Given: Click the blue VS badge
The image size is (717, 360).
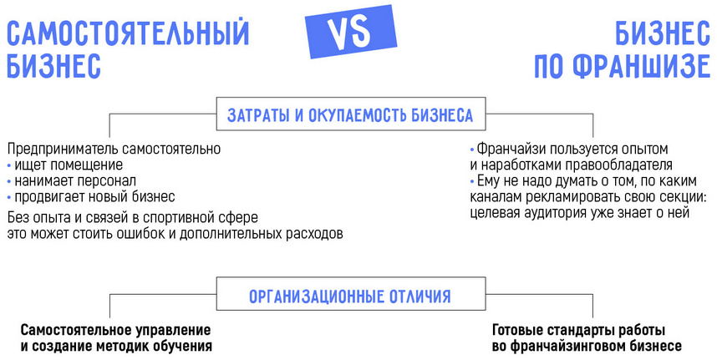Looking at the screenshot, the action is coord(338,34).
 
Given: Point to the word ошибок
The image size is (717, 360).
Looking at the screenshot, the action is coord(171,234).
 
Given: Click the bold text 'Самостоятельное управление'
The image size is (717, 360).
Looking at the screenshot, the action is coord(115,329).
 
